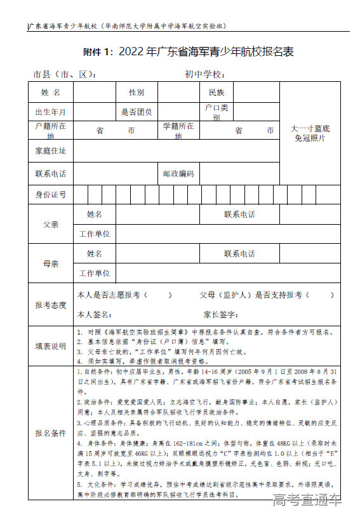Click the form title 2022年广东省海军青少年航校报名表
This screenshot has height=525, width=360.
point(189,52)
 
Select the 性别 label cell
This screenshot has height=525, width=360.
point(137,93)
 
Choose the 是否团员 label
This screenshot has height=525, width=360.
point(137,112)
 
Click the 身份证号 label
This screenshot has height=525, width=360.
point(51,194)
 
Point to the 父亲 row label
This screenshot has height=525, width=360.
point(51,225)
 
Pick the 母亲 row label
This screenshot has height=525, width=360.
point(51,263)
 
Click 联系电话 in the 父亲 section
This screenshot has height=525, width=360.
point(239,215)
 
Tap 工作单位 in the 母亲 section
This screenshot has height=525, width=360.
point(95,274)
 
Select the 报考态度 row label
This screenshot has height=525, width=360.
point(51,305)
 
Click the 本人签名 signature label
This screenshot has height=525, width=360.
point(94,314)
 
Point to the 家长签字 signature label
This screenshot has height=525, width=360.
point(221,314)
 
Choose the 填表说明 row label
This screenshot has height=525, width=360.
point(51,346)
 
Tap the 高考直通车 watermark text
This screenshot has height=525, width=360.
point(307,501)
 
